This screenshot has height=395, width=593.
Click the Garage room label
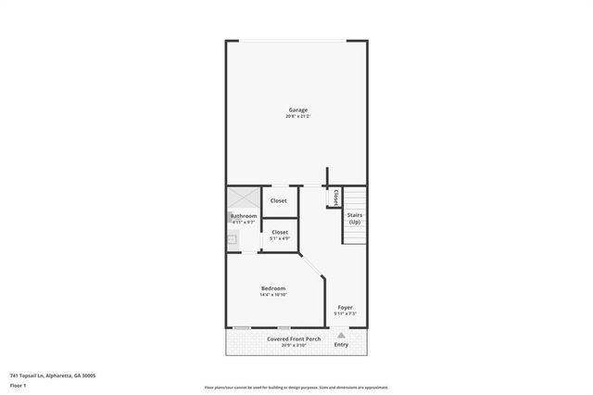coord(296,109)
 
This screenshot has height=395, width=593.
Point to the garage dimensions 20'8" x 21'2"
coord(296,116)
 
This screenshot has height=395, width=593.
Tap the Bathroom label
coord(244,216)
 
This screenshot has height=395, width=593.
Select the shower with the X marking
coord(244,198)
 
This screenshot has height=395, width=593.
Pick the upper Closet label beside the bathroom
coord(279,200)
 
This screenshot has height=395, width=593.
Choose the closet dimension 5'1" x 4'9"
coord(280,239)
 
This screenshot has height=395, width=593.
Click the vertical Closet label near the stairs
coord(335,197)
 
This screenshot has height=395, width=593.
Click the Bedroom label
coord(273,288)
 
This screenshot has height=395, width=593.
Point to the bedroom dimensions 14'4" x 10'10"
coord(273,295)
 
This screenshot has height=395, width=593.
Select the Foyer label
coord(345,307)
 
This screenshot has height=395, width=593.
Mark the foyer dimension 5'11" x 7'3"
coord(345,313)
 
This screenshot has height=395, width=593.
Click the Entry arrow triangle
coord(341,335)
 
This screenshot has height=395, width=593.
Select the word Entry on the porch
coord(341,345)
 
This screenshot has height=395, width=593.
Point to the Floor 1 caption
coord(17,385)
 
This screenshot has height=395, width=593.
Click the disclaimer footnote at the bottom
coord(296,388)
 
